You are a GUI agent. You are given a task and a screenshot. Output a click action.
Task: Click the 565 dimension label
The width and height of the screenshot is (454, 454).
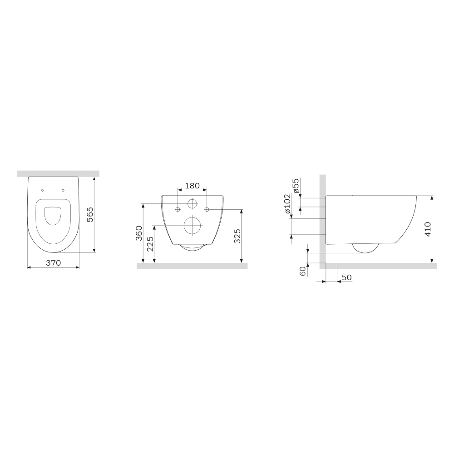pos(90,214)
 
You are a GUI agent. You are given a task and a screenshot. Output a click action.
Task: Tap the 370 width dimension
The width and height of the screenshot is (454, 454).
pos(54,263)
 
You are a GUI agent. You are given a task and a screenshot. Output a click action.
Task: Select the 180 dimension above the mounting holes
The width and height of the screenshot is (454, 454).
pos(192,186)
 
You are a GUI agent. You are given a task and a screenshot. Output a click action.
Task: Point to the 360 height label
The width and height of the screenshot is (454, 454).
pos(139,233)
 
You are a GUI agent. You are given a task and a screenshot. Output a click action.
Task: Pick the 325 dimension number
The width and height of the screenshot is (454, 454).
pos(237,236)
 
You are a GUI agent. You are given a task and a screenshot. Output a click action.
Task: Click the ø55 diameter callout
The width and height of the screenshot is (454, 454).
pos(296,186)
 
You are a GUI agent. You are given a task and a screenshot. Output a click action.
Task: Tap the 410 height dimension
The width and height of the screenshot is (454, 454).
pos(428,229)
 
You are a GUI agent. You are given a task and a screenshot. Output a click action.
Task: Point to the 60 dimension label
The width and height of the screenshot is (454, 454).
pos(303,271)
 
